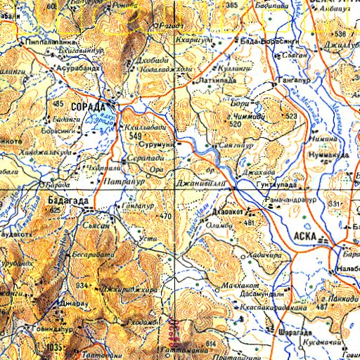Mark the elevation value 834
(82, 285)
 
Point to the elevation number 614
(210, 342)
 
